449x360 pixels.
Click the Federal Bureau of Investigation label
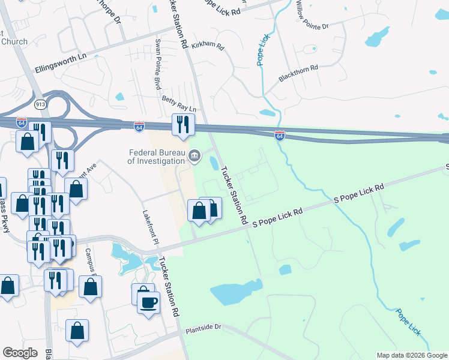click(156, 157)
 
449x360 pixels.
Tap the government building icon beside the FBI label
click(194, 157)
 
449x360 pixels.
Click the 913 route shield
click(40, 104)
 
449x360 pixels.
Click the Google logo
click(20, 353)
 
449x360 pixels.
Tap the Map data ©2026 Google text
click(412, 355)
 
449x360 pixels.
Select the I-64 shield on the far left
click(22, 121)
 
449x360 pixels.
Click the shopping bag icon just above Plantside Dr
click(77, 331)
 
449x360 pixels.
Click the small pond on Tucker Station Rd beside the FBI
click(214, 163)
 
